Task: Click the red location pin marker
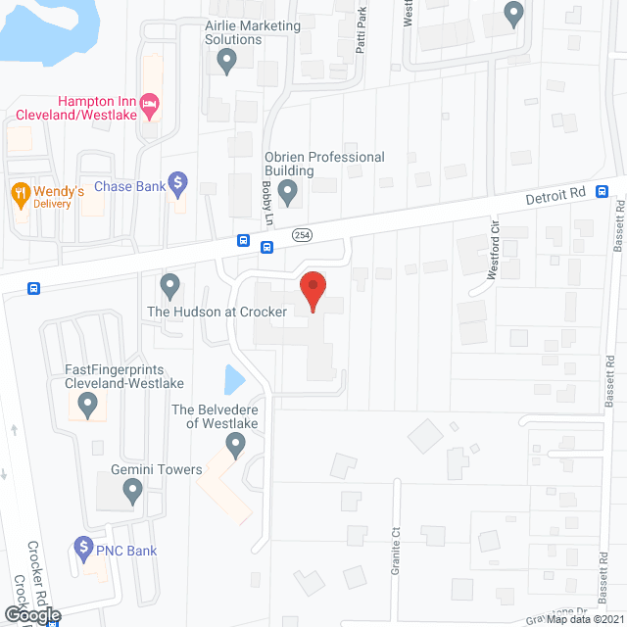313,291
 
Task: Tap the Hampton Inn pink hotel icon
149,103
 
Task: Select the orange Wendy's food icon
19,191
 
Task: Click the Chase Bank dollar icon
177,181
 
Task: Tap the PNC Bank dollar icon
84,546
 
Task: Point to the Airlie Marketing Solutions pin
227,64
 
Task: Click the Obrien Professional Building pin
288,194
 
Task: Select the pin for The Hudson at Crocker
170,287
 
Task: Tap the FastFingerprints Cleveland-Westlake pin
88,402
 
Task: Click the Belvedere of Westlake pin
235,447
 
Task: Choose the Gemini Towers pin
133,493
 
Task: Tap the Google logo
31,614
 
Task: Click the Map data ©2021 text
584,618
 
